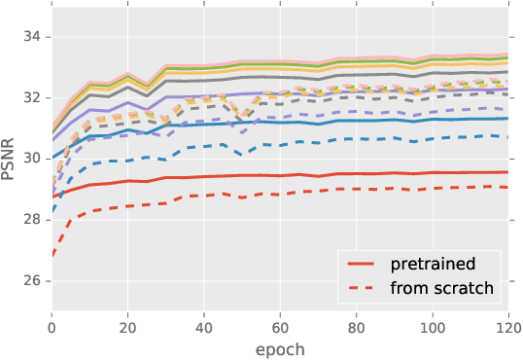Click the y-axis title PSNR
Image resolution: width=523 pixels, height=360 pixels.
pos(13,158)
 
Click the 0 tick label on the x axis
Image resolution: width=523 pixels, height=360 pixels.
pos(52,329)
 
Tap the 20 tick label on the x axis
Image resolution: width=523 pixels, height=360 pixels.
pos(127,329)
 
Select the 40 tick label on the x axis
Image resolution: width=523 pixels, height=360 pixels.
pos(203,329)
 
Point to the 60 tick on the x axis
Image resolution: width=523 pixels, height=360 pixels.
pos(279,329)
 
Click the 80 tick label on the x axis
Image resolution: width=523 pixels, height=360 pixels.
pos(355,329)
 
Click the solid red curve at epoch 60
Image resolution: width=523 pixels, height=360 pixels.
pos(279,176)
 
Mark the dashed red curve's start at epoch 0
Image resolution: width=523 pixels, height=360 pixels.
pos(52,256)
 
